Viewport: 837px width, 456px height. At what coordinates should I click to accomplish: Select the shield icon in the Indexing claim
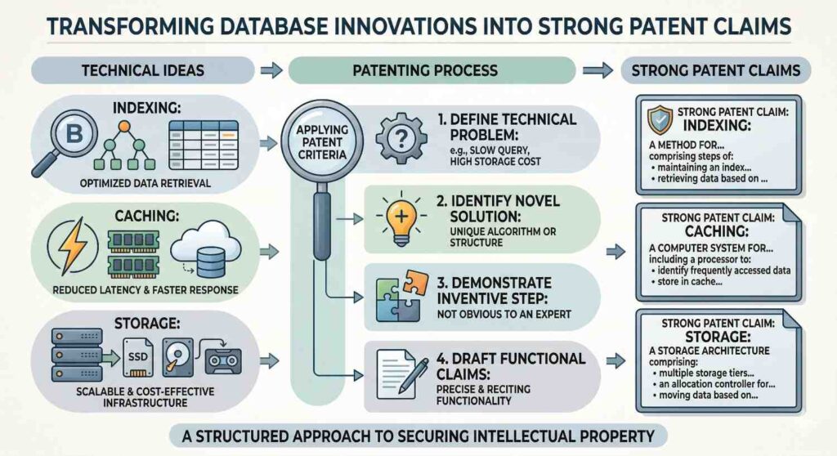click(659, 119)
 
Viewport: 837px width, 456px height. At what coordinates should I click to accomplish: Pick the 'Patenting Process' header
click(424, 71)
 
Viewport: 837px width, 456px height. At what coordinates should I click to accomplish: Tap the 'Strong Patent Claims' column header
click(716, 71)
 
